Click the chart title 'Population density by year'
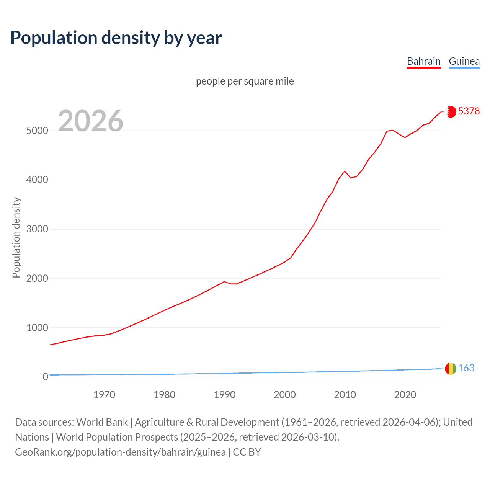pyautogui.click(x=116, y=38)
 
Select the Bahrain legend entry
pyautogui.click(x=423, y=61)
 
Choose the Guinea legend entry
pyautogui.click(x=464, y=61)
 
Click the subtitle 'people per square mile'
pyautogui.click(x=245, y=81)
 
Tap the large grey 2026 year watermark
pyautogui.click(x=91, y=121)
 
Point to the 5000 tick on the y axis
pyautogui.click(x=37, y=131)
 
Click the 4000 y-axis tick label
pyautogui.click(x=37, y=180)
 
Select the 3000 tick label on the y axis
pyautogui.click(x=37, y=229)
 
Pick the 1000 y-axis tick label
pyautogui.click(x=37, y=328)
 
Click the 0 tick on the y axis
pyautogui.click(x=45, y=377)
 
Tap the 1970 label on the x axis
pyautogui.click(x=104, y=395)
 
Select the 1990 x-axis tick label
pyautogui.click(x=225, y=395)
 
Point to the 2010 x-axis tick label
pyautogui.click(x=345, y=395)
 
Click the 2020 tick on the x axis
pyautogui.click(x=405, y=395)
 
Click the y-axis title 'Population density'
pyautogui.click(x=16, y=237)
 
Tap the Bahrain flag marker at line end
pyautogui.click(x=451, y=111)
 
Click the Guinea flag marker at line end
pyautogui.click(x=451, y=369)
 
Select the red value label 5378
pyautogui.click(x=469, y=111)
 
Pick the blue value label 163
pyautogui.click(x=466, y=368)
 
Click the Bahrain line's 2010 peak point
pyautogui.click(x=345, y=171)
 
